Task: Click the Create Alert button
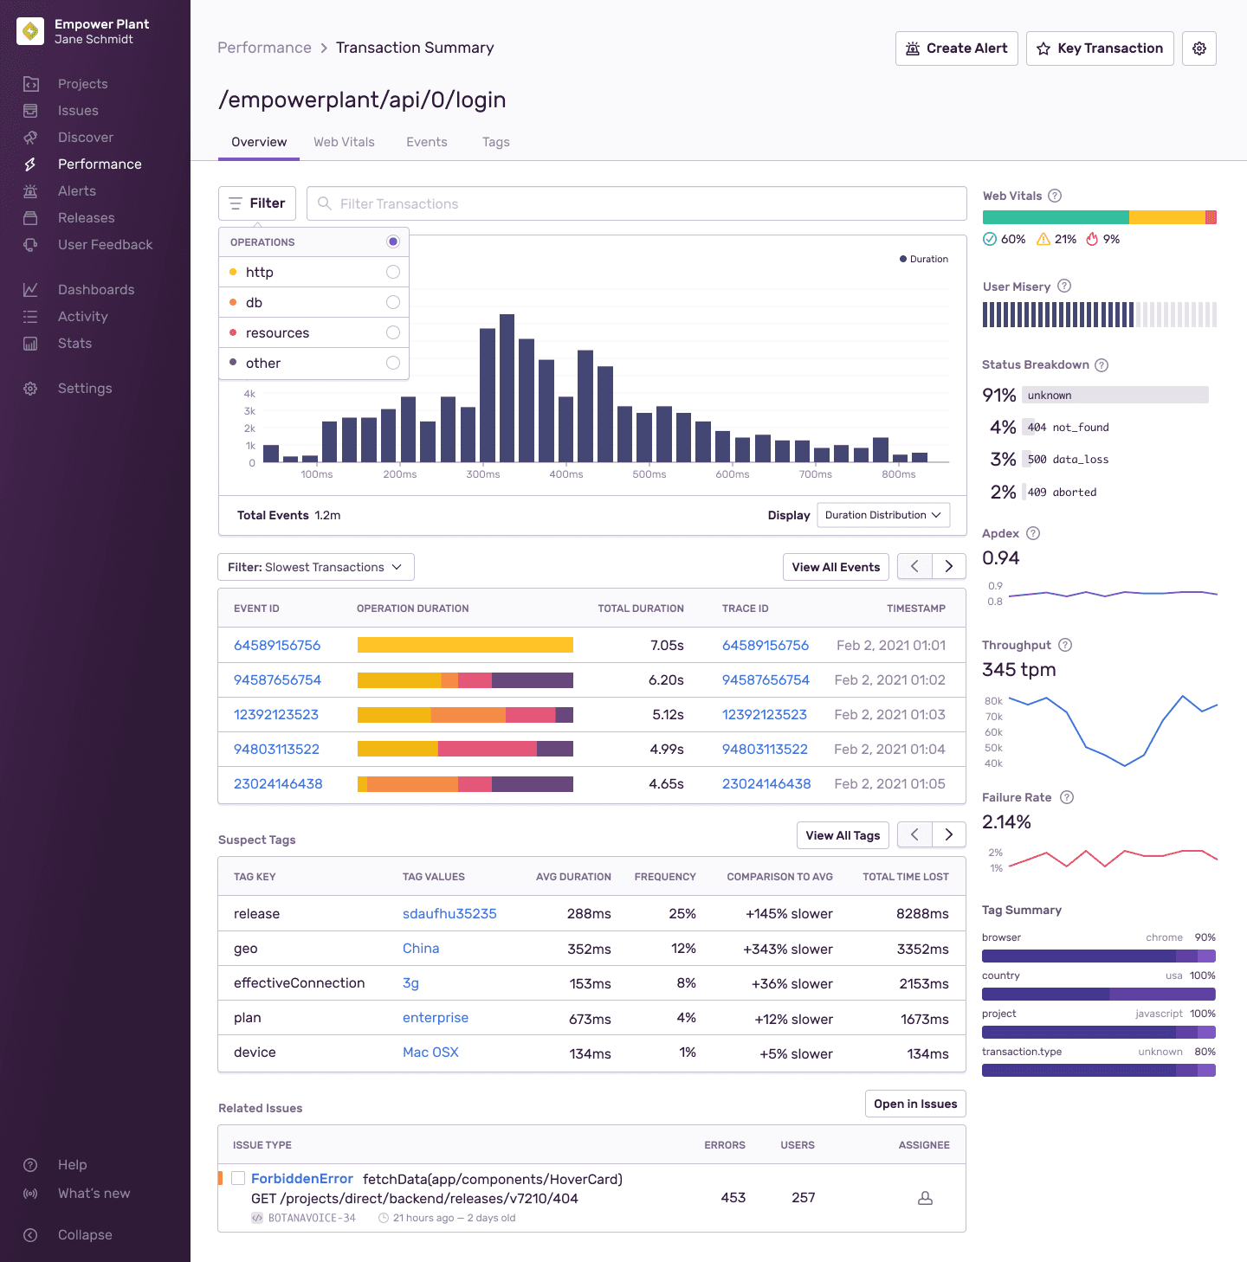956,48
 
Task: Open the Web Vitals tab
344,142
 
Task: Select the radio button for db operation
393,302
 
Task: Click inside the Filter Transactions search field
636,203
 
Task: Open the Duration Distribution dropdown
882,515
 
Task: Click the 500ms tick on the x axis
649,474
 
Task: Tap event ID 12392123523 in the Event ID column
276,715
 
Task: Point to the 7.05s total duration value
667,646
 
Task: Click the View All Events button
835,567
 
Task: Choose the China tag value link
421,949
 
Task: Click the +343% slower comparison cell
787,950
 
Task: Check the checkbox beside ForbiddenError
238,1179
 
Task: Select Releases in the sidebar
86,218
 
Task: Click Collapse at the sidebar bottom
85,1235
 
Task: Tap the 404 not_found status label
1068,428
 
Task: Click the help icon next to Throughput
1065,645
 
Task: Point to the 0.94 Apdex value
1001,558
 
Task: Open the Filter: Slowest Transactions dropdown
315,567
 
